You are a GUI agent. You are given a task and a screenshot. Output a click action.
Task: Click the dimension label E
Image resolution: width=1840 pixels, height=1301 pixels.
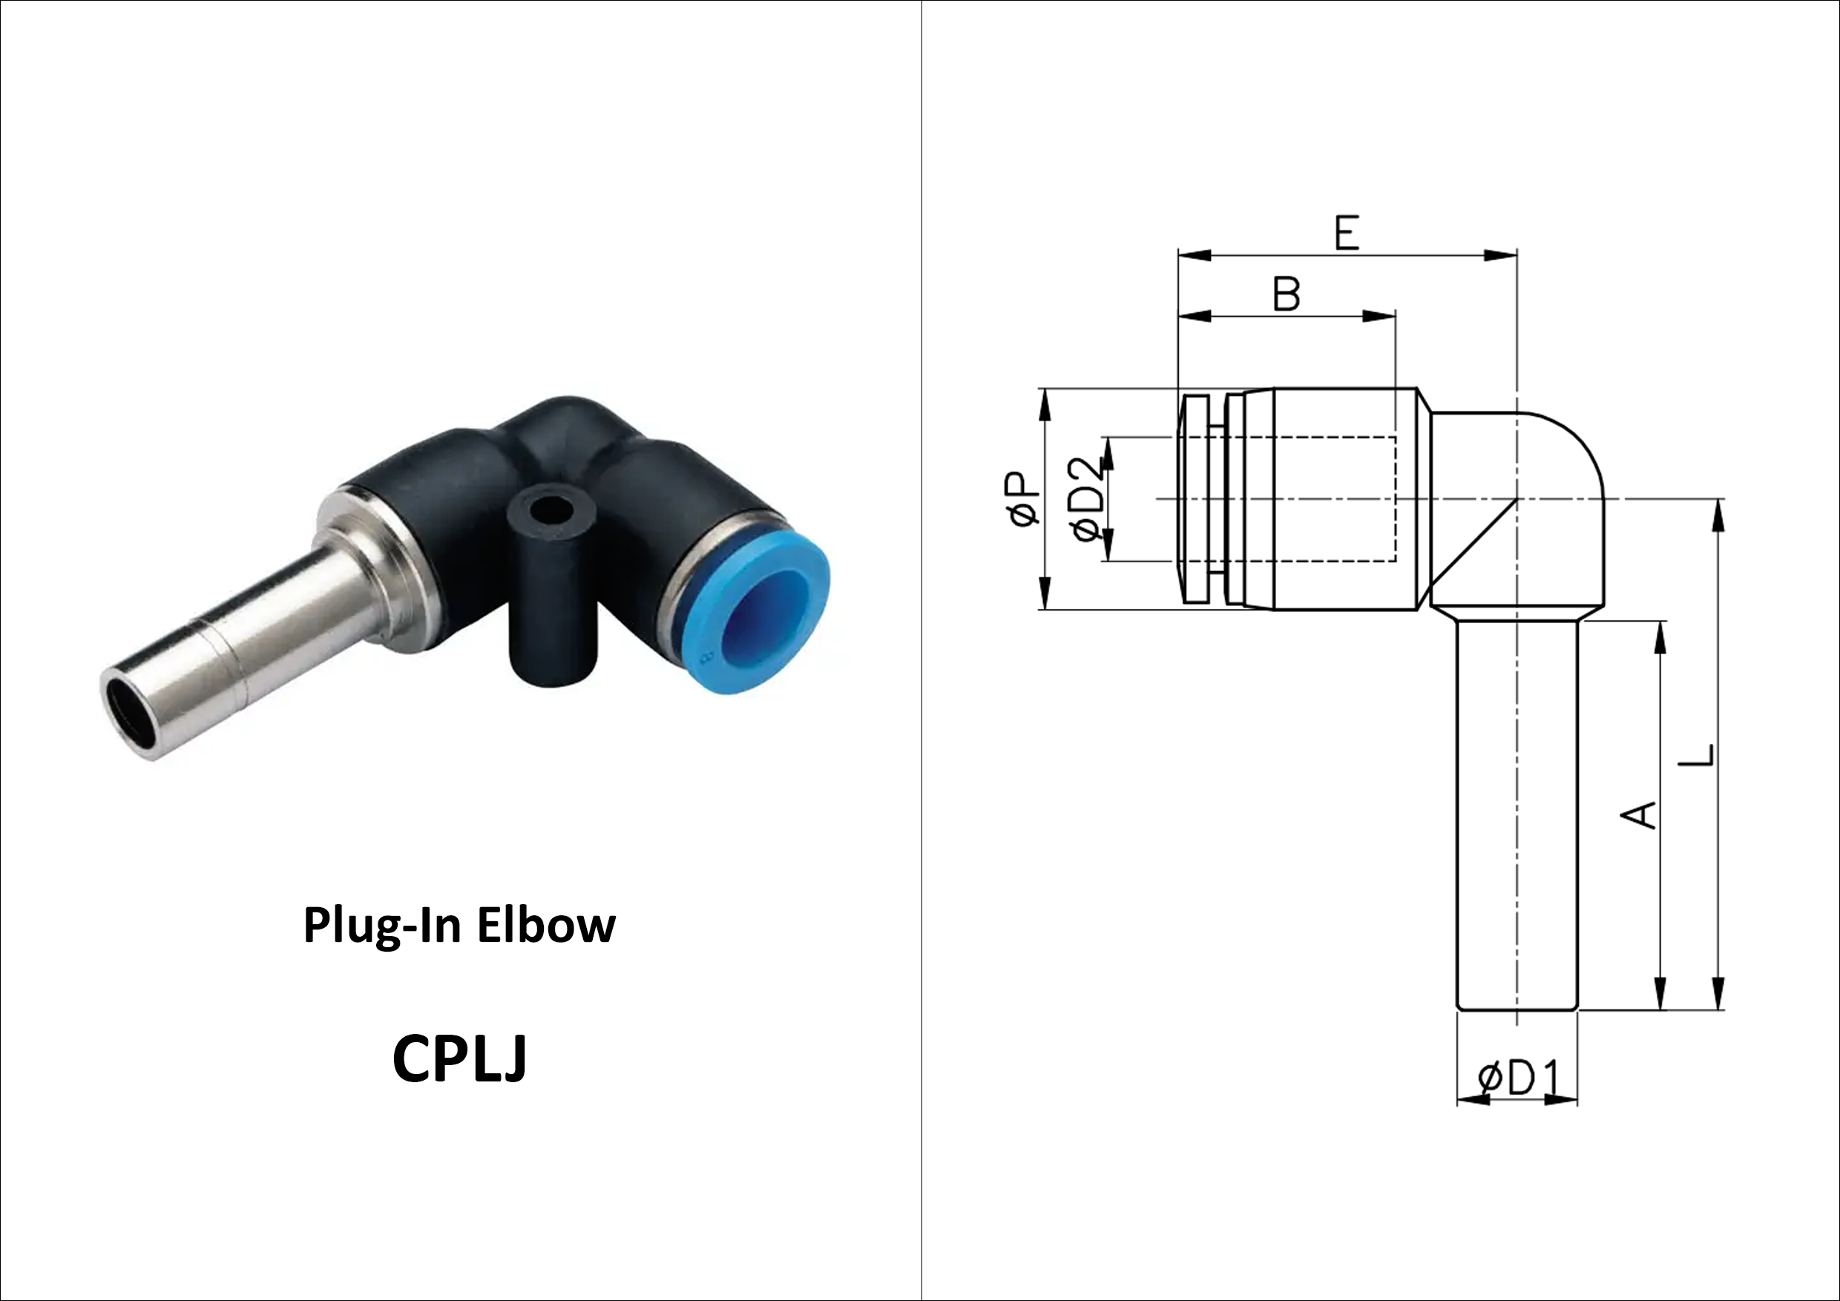coord(1347,233)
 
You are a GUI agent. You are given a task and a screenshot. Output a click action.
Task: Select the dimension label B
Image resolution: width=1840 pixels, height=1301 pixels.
coord(1287,294)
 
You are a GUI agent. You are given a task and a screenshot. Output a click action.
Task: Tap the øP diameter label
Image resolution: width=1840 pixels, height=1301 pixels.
coord(1023,498)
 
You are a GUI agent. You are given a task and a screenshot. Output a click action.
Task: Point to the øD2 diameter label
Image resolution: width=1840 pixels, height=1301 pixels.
coord(1089,499)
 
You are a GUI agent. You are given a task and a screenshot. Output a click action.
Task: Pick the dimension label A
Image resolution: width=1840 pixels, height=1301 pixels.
coord(1639,814)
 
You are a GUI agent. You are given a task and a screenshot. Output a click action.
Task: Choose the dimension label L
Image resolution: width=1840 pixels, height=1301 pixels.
coord(1697,755)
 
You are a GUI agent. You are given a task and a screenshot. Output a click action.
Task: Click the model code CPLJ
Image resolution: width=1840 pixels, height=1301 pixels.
coord(459,1058)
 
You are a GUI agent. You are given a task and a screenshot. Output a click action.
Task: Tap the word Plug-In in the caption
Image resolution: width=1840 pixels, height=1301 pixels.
coord(382,927)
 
